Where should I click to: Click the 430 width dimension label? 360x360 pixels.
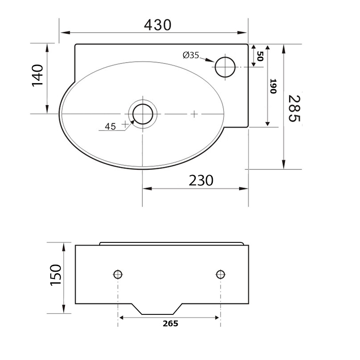pos(158,25)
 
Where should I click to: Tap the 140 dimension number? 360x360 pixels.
pos(38,75)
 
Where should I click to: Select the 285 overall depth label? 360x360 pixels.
pos(294,108)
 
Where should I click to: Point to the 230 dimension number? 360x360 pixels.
pos(201,180)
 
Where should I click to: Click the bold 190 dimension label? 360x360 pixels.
pos(273,86)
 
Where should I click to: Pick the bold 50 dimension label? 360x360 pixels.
pos(260,56)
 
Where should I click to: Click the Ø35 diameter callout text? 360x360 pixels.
pos(191,55)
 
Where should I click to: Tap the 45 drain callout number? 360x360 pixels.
pos(110,126)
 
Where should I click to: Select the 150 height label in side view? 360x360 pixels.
pos(56,275)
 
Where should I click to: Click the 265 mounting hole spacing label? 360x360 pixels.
pos(170,324)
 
